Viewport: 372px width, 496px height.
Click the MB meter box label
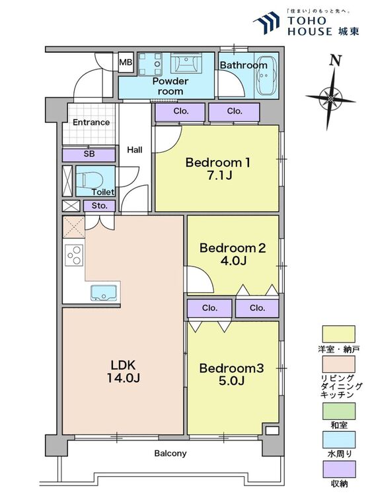point(126,62)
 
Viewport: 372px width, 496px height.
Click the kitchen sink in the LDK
point(104,292)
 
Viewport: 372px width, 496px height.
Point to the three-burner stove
point(74,255)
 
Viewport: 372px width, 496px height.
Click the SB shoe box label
point(89,154)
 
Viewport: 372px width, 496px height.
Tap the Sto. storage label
point(99,206)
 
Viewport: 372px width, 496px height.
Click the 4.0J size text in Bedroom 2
point(233,261)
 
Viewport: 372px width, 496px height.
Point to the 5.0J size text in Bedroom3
point(232,381)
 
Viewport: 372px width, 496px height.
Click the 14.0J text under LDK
point(124,378)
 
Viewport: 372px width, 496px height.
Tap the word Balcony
point(170,453)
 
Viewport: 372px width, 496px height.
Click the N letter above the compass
point(336,60)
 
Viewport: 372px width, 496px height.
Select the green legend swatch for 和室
point(338,411)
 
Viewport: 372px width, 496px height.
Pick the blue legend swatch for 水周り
point(338,440)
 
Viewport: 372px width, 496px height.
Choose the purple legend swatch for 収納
point(338,469)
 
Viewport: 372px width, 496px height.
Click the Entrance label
point(91,122)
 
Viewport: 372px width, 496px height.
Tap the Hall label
point(135,149)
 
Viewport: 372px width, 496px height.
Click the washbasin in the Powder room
point(186,63)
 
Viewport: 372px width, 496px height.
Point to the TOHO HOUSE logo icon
point(266,22)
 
